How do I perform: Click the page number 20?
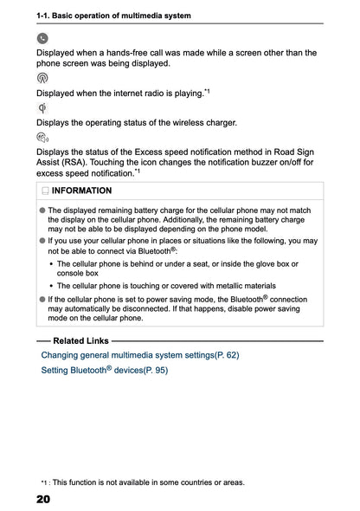coord(43,500)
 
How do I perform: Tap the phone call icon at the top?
coord(42,38)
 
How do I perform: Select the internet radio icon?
coord(42,78)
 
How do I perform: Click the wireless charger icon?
coord(42,107)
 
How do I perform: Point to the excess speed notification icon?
coord(42,138)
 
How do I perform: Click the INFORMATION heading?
coord(81,191)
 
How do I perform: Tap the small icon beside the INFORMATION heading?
coord(44,191)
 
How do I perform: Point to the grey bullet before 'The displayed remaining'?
coord(42,210)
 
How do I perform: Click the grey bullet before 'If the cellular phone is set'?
coord(42,298)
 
